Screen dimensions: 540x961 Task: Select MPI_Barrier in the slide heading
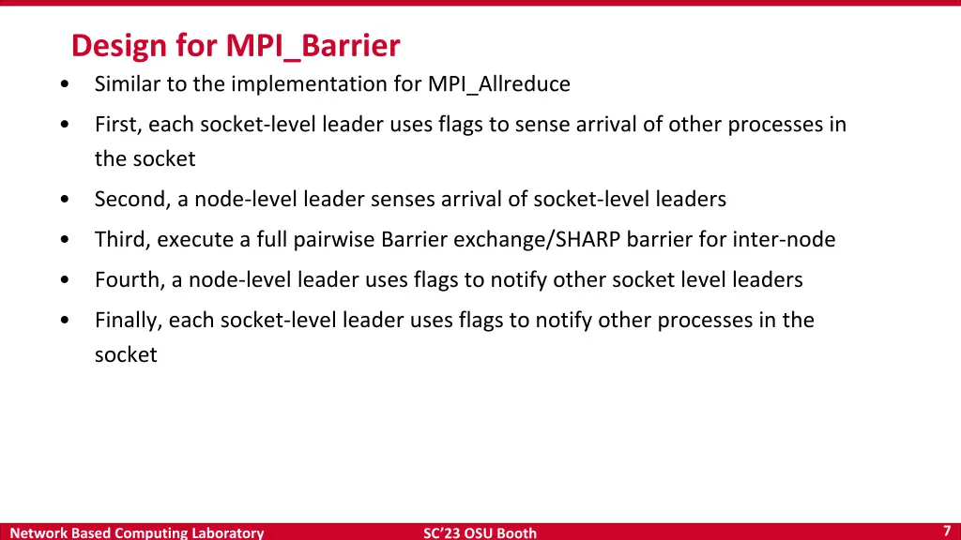313,46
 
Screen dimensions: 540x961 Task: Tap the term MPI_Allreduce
498,84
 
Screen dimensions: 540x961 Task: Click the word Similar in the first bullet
128,84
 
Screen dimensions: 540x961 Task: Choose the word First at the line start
116,125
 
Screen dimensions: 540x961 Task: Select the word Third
121,240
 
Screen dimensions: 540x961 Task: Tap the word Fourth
128,280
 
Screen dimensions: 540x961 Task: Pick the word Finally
129,321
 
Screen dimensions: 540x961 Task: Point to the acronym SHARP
588,240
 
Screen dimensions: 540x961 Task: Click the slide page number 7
947,531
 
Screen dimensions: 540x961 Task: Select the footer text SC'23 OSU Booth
480,532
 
